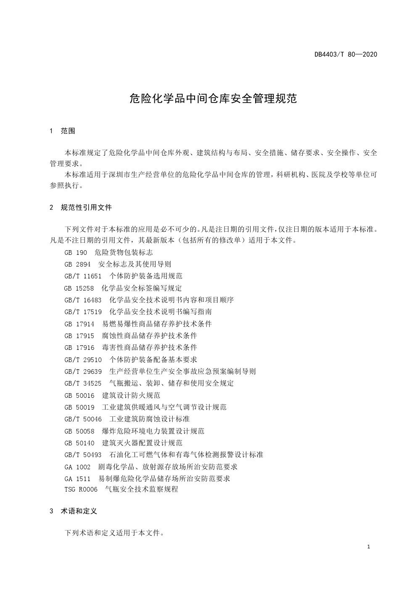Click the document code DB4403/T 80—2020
(x=346, y=54)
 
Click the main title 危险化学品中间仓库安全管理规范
(x=213, y=99)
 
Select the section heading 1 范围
(x=63, y=131)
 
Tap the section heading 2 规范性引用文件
(x=81, y=207)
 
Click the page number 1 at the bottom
(x=368, y=547)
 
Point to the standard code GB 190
(x=76, y=252)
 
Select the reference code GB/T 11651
(x=83, y=276)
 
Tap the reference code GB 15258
(x=79, y=288)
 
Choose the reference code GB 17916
(x=79, y=347)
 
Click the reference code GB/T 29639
(x=83, y=371)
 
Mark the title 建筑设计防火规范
(x=131, y=395)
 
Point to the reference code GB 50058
(x=79, y=431)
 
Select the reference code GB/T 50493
(x=83, y=455)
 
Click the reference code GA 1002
(x=77, y=467)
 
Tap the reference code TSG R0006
(x=81, y=489)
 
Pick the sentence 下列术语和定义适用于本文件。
(x=114, y=533)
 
